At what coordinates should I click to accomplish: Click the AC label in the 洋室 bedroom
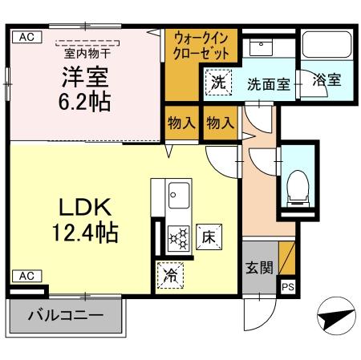pyautogui.click(x=26, y=36)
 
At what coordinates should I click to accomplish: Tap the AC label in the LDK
pyautogui.click(x=26, y=276)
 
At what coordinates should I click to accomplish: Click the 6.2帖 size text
pyautogui.click(x=85, y=103)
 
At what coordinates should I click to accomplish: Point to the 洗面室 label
pyautogui.click(x=267, y=83)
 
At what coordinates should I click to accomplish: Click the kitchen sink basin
pyautogui.click(x=178, y=193)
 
